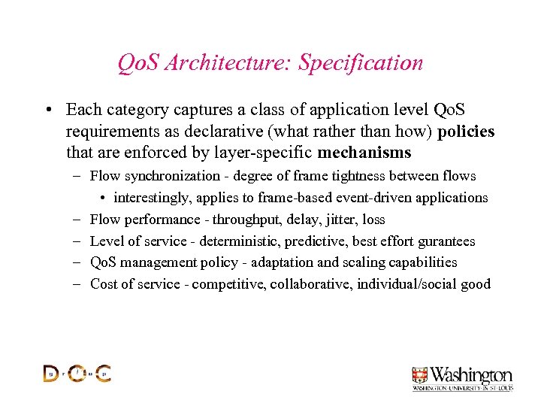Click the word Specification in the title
tap(361, 63)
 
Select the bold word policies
tap(466, 132)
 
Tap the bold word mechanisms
tap(364, 153)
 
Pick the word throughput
tap(244, 220)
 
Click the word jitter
tap(342, 220)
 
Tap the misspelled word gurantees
tap(446, 241)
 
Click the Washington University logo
tap(461, 378)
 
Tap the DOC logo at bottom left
tap(77, 373)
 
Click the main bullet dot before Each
tap(47, 111)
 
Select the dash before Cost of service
tap(78, 284)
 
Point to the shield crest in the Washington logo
tap(419, 375)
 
